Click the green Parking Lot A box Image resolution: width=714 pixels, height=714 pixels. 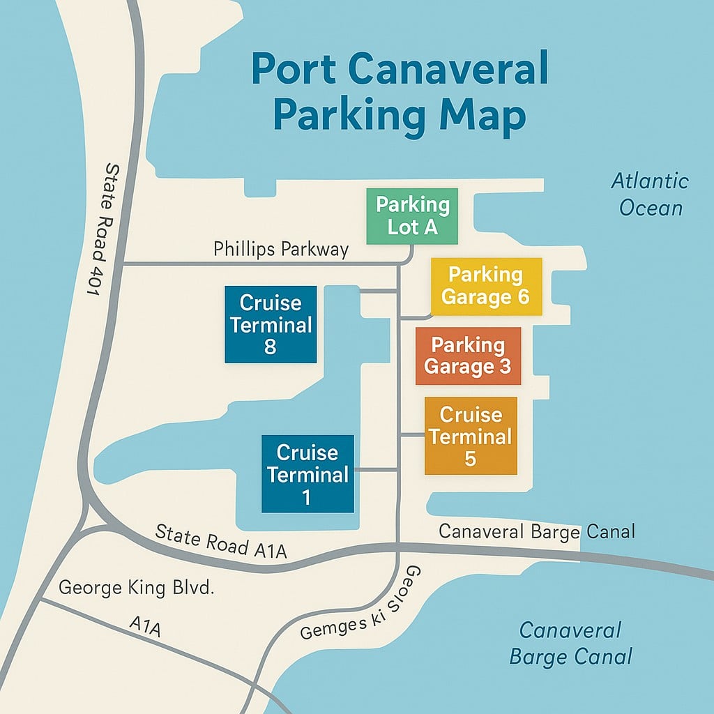(412, 216)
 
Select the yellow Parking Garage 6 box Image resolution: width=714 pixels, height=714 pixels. (486, 287)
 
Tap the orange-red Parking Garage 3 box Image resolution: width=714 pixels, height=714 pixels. (468, 356)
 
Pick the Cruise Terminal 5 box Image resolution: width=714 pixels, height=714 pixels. (471, 436)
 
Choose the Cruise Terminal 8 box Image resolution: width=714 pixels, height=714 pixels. (271, 325)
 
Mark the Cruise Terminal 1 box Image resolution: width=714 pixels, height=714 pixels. (307, 474)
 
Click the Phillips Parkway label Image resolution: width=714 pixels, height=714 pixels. (281, 249)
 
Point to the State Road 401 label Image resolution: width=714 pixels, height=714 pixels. (102, 231)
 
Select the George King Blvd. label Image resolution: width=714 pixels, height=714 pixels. (136, 588)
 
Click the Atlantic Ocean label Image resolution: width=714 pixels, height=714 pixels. (650, 195)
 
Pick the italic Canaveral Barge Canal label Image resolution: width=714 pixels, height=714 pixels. (570, 643)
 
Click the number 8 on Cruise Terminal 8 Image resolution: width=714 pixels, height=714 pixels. (271, 347)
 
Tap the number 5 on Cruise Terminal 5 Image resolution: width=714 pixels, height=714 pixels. (471, 458)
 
